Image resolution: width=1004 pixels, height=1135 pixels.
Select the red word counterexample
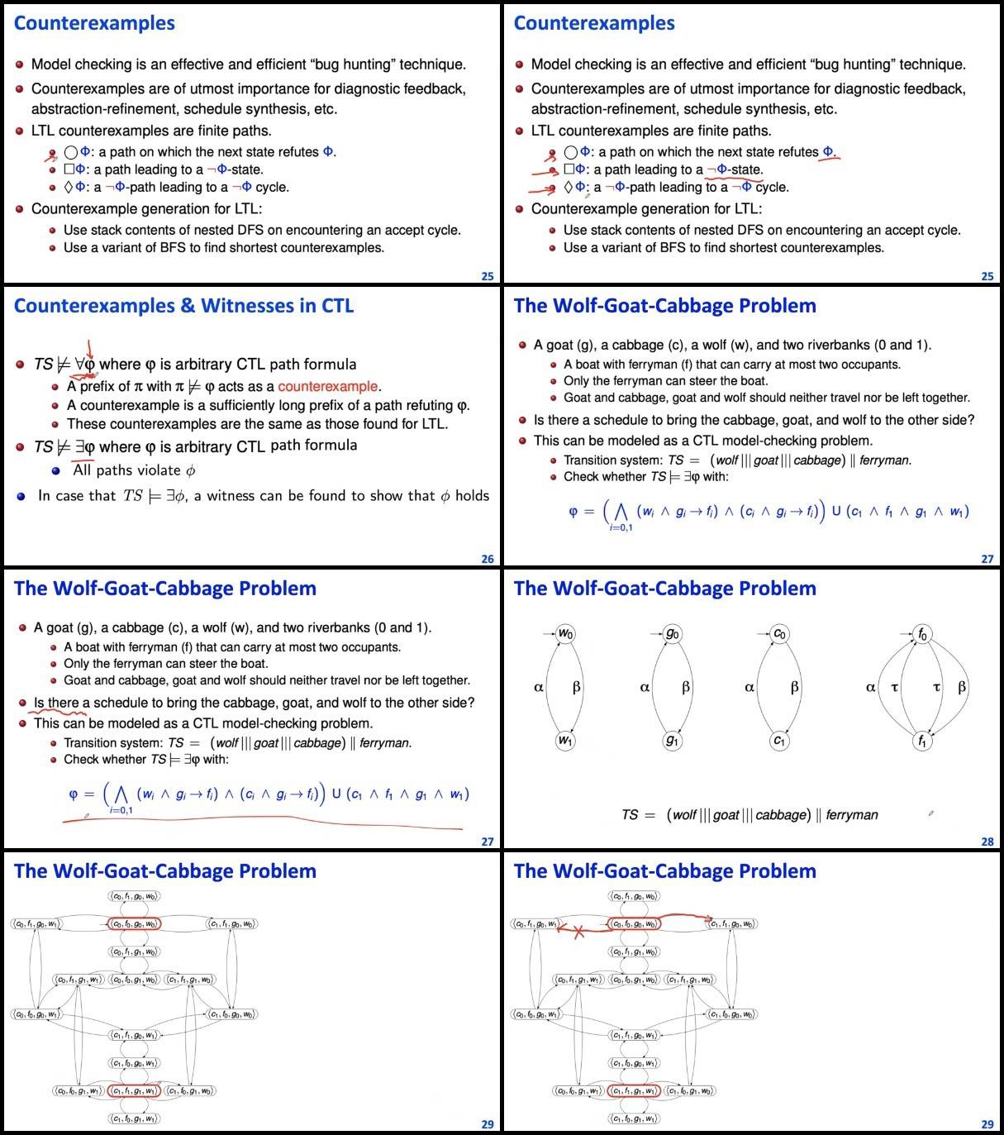(x=328, y=386)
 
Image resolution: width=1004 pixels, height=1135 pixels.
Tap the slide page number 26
(x=488, y=559)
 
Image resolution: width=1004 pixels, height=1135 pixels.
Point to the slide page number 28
(x=987, y=842)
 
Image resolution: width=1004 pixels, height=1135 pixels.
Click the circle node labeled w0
(x=565, y=634)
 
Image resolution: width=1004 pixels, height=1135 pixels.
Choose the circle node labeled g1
(x=673, y=741)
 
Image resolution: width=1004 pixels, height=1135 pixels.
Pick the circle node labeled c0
(x=779, y=634)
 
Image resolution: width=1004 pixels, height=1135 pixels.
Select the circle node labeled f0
(x=922, y=635)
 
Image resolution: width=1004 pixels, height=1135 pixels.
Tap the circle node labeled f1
(x=922, y=741)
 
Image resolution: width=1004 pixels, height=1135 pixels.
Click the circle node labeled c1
(x=779, y=741)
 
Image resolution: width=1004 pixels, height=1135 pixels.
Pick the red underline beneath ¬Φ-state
(x=734, y=178)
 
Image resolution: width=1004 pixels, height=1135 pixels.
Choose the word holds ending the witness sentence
(x=472, y=496)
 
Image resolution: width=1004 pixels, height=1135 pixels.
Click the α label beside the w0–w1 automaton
(x=539, y=687)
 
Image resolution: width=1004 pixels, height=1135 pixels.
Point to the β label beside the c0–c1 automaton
(x=795, y=687)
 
